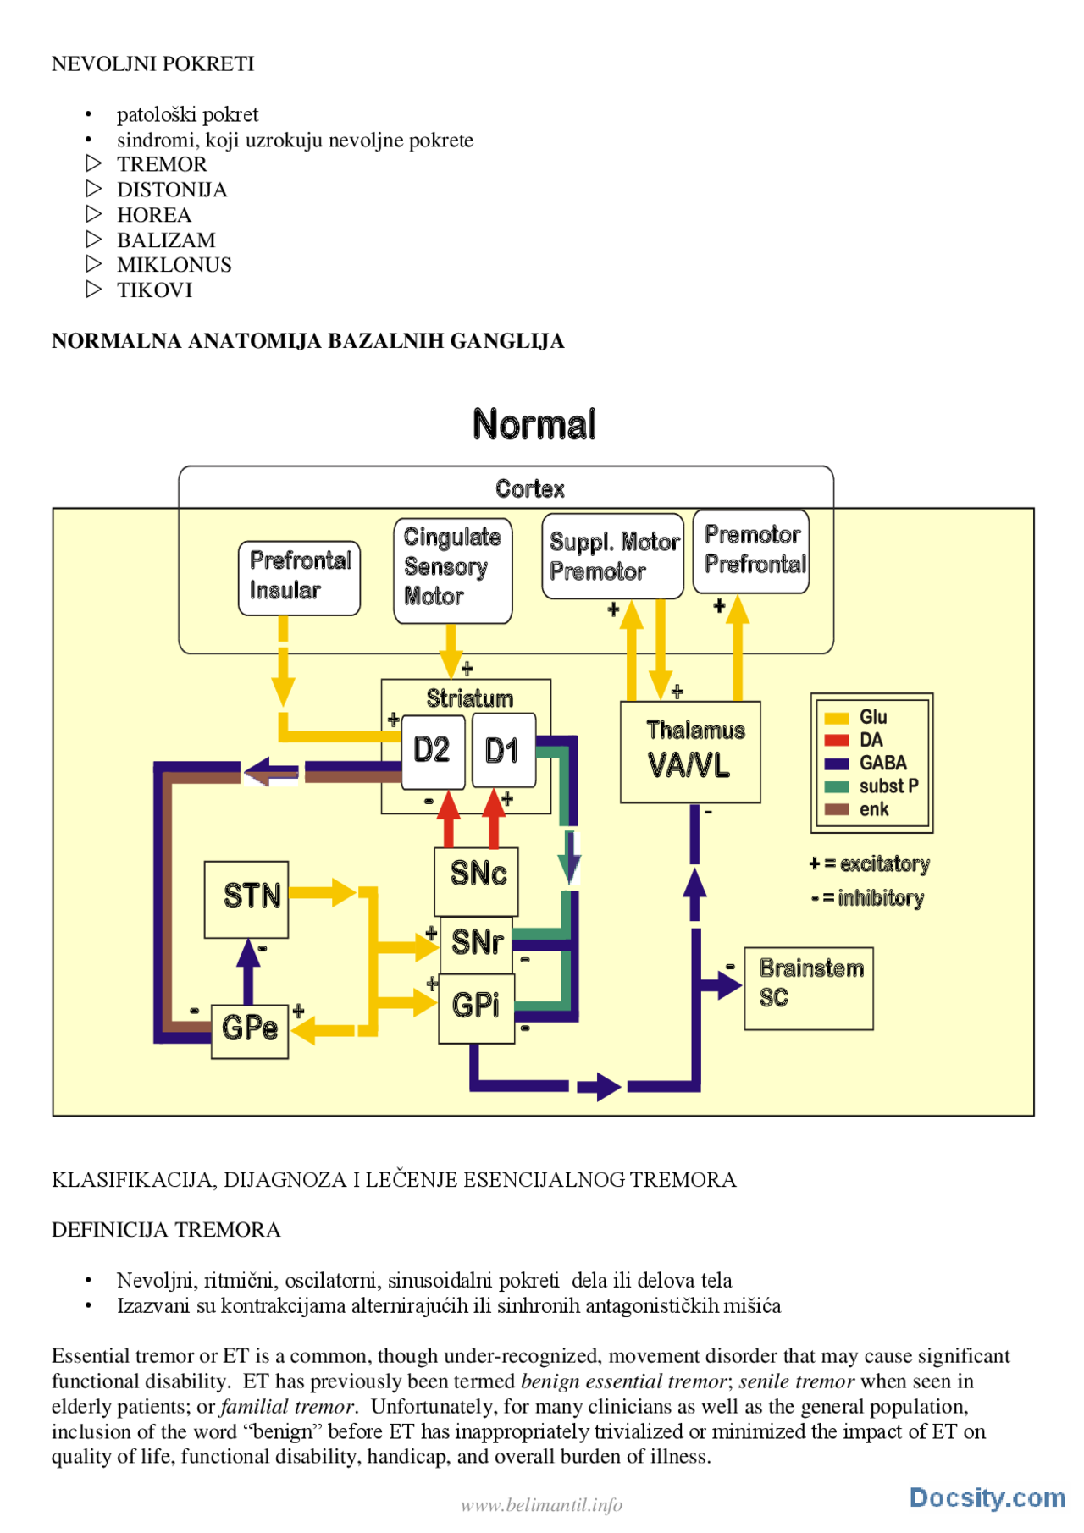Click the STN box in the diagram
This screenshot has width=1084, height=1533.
point(246,899)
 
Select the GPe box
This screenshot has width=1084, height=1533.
point(250,1029)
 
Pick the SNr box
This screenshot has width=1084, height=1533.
point(476,943)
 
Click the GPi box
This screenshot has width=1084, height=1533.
point(476,1006)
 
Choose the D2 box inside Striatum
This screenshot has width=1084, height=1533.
point(432,751)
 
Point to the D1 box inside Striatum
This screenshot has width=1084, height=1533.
point(502,751)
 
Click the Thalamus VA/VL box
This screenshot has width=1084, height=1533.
point(690,752)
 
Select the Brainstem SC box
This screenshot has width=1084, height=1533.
point(809,988)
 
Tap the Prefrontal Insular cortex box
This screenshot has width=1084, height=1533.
point(299,577)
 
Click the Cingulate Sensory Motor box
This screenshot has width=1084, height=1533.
point(452,570)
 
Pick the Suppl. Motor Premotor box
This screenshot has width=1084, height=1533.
point(612,556)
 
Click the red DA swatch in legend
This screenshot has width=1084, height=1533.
point(837,741)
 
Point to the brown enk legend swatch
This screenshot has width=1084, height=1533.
point(837,810)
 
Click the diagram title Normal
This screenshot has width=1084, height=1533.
point(534,425)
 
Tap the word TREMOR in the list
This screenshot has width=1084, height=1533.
point(162,164)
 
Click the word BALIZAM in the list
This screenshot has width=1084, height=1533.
point(166,240)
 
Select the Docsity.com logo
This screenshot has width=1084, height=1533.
point(987,1497)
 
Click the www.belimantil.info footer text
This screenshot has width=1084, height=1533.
point(542,1504)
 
